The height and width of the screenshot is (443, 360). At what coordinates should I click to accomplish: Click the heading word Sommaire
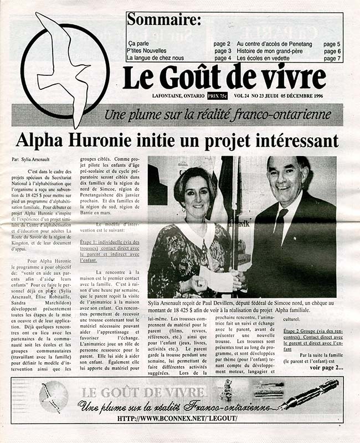pyautogui.click(x=163, y=21)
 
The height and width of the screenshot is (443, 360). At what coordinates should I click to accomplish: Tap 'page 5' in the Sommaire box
pyautogui.click(x=332, y=44)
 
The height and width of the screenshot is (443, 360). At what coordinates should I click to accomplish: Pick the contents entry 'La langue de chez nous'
pyautogui.click(x=155, y=58)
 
